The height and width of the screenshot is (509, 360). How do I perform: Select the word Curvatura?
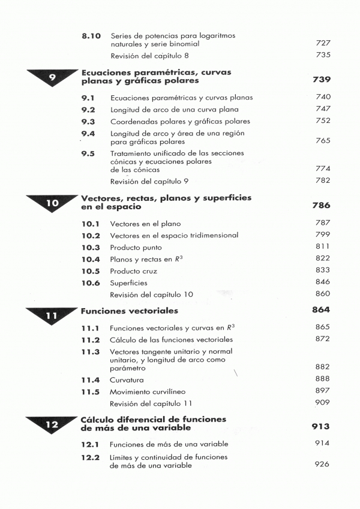[127, 380]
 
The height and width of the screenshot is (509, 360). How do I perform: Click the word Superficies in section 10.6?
[128, 282]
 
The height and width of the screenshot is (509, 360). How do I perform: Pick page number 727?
[323, 44]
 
